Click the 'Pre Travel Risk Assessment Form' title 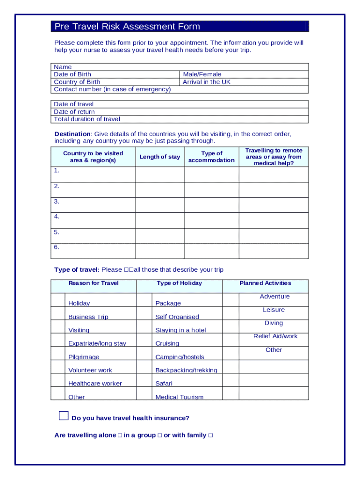point(127,27)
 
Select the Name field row point(180,67)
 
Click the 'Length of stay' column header point(160,157)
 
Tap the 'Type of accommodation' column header point(211,157)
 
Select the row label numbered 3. point(57,202)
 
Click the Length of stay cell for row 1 point(160,174)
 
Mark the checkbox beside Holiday point(58,300)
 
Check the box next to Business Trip point(58,313)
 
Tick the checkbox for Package point(144,300)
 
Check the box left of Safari point(144,380)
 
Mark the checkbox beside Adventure point(231,300)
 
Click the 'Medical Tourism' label point(180,397)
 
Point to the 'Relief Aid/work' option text point(275,336)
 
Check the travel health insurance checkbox point(64,415)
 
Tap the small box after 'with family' point(210,435)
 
